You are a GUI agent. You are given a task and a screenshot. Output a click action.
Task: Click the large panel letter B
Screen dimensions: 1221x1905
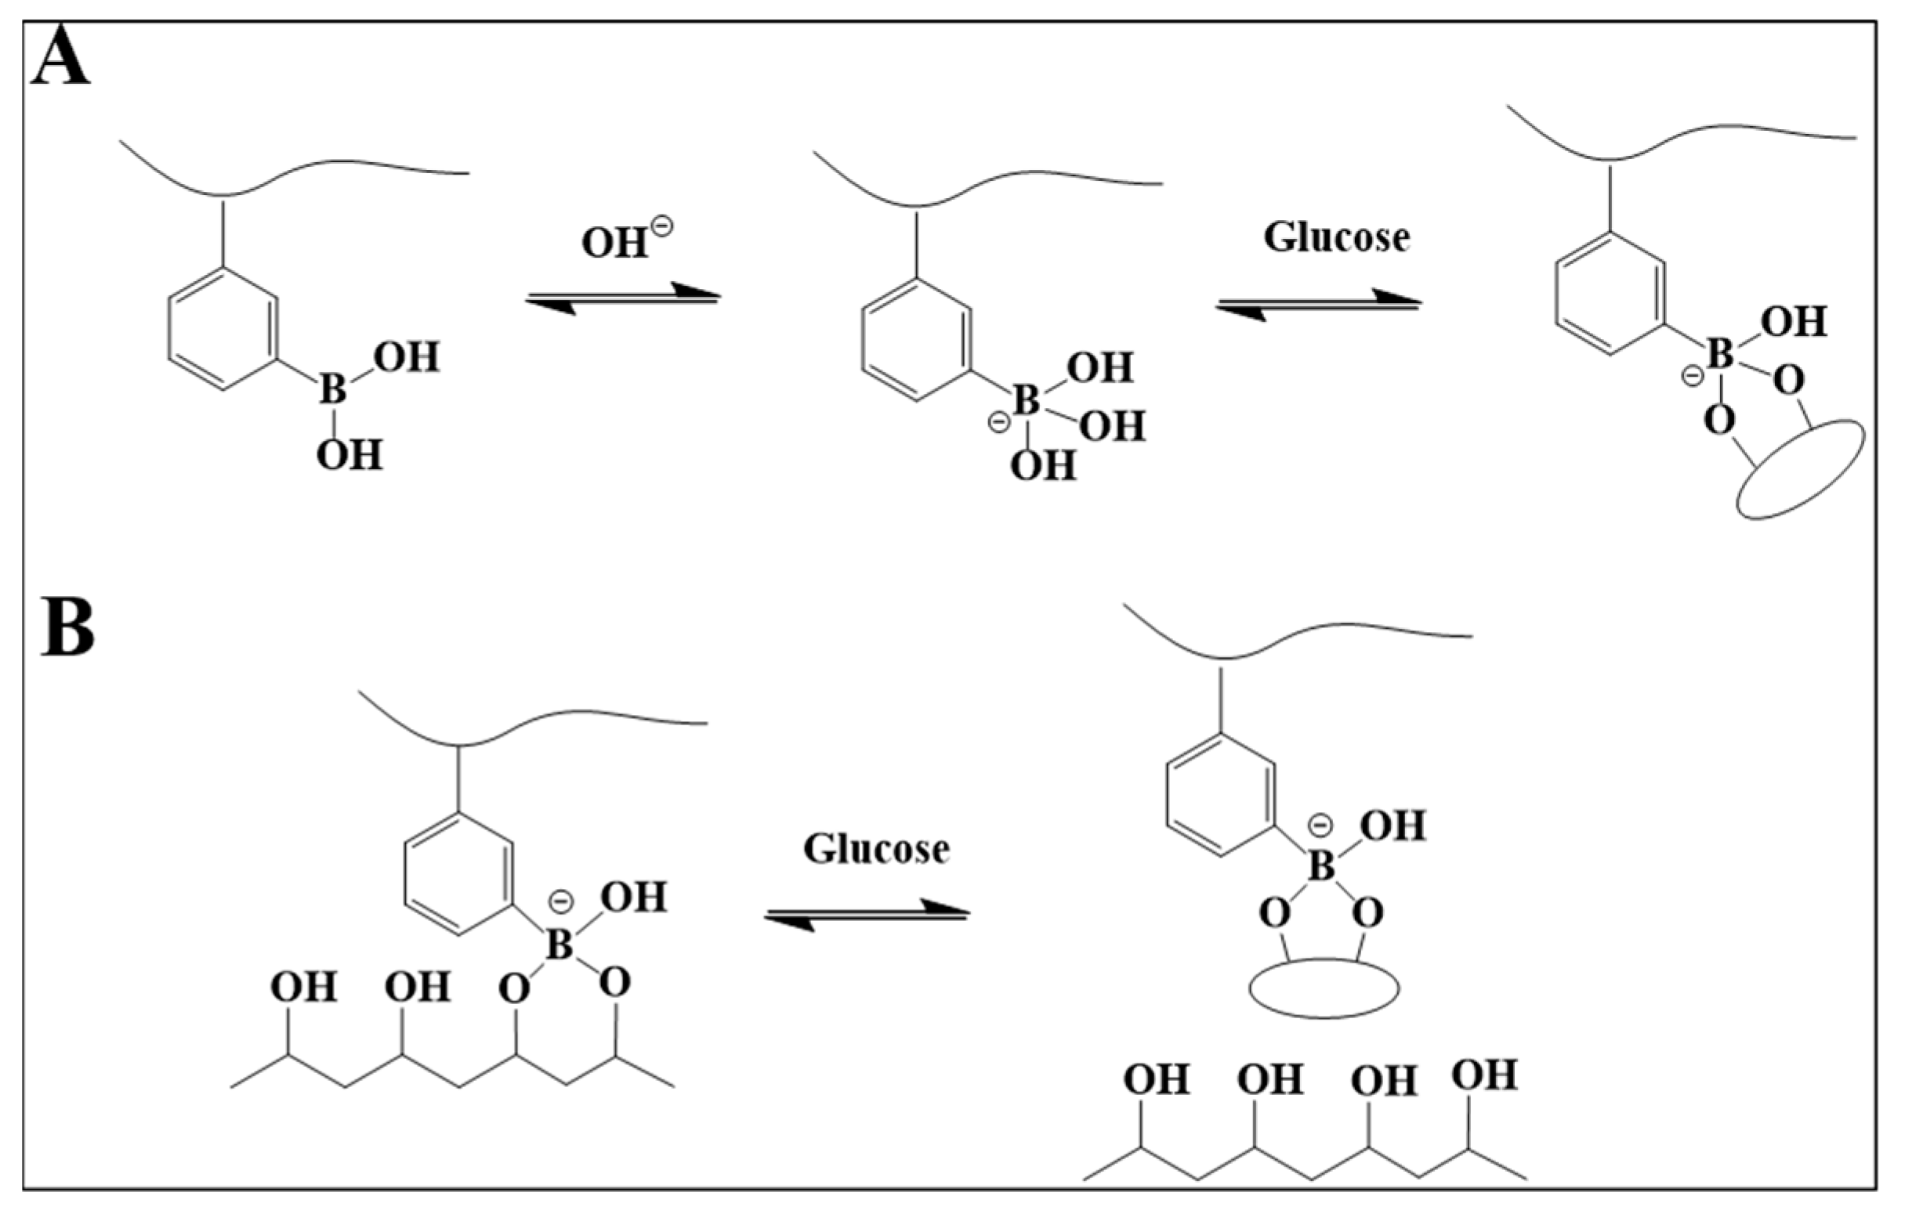coord(67,629)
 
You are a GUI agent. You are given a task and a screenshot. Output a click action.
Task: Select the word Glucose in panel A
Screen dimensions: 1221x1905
coord(1336,237)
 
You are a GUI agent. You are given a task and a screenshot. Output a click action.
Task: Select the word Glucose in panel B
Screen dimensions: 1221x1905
coord(875,849)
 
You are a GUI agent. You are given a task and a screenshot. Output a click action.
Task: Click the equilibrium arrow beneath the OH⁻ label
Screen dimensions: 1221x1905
coord(623,298)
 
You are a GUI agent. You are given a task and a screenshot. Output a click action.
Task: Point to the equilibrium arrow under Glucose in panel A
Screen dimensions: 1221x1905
coord(1318,304)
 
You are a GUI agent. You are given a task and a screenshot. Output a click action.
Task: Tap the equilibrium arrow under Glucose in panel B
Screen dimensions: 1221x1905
coord(866,915)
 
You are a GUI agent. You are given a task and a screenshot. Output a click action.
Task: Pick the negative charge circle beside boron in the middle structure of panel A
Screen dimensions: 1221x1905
coord(998,423)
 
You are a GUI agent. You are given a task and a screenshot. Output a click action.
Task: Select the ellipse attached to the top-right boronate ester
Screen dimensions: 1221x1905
coord(1800,470)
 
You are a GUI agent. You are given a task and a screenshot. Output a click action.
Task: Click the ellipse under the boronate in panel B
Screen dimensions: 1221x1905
coord(1324,988)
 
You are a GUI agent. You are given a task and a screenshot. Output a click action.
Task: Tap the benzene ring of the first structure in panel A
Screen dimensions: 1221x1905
coord(223,329)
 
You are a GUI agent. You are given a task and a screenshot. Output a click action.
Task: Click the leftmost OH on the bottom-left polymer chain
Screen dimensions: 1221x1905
coord(303,988)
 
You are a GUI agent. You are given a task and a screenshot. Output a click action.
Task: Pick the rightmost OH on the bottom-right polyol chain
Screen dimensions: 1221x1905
coord(1484,1076)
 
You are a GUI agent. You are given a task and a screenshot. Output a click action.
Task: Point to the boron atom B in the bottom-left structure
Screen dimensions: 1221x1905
coord(560,945)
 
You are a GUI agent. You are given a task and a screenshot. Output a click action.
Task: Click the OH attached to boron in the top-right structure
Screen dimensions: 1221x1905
coord(1793,323)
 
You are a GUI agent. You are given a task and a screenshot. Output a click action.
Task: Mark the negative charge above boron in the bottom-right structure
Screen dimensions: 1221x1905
coord(1320,825)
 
